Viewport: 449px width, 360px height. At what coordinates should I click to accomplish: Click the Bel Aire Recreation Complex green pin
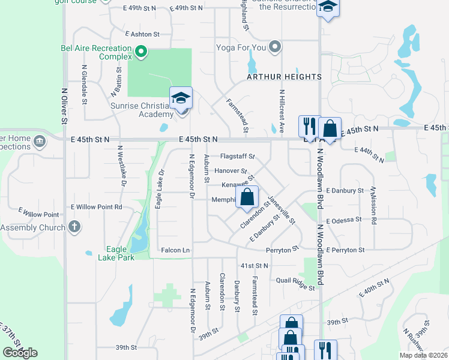(141, 52)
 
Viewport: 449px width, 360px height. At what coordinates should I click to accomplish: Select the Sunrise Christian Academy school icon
(181, 98)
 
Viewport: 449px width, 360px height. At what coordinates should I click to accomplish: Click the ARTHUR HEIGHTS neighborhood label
(284, 77)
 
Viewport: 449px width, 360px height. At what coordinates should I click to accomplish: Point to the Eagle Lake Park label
(116, 253)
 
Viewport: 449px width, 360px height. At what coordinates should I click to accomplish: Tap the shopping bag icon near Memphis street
(247, 197)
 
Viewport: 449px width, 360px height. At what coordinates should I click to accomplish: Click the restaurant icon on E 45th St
(309, 127)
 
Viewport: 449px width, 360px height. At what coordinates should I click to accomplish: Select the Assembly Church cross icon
(74, 227)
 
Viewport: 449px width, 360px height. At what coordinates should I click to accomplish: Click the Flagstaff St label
(238, 156)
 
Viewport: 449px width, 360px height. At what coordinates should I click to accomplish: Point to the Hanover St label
(231, 171)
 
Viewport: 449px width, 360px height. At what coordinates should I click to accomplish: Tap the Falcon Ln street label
(175, 250)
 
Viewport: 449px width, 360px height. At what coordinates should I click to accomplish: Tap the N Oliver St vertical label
(63, 106)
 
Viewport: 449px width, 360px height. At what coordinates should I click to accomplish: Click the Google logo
(20, 353)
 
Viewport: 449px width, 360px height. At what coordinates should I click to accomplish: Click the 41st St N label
(254, 265)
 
